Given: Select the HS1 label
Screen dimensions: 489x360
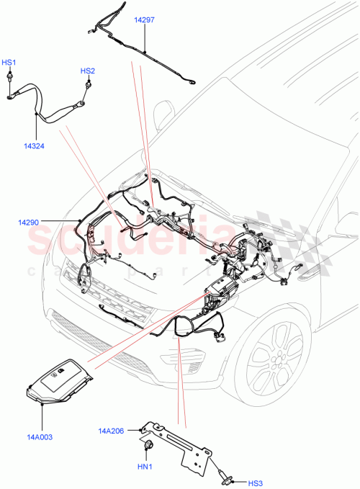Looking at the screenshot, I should pos(10,63).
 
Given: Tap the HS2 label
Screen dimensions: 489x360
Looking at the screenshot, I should pos(87,71).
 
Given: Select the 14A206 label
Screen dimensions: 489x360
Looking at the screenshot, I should pos(112,431).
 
